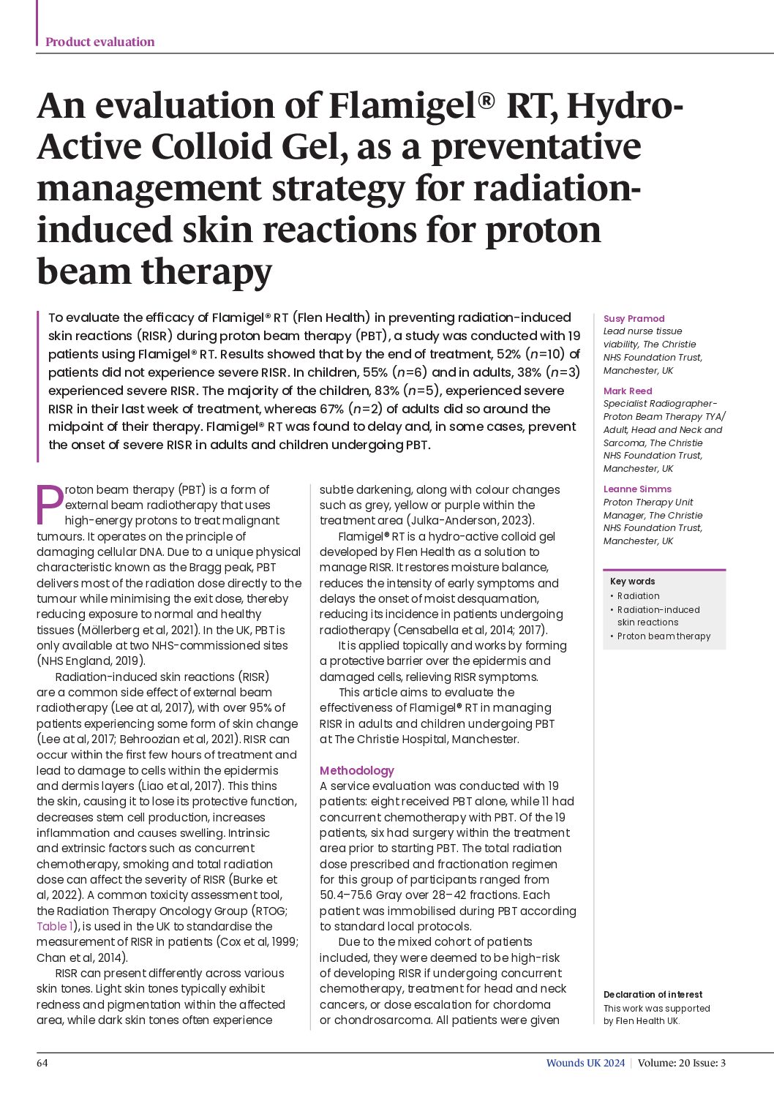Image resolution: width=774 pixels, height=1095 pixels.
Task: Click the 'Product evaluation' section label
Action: (x=99, y=42)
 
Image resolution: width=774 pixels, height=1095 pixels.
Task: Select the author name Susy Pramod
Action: (x=634, y=318)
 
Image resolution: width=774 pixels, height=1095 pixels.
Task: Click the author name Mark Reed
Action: (x=628, y=391)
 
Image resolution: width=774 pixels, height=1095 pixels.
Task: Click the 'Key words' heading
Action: (x=632, y=582)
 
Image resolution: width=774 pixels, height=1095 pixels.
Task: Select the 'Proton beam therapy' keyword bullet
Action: (x=664, y=636)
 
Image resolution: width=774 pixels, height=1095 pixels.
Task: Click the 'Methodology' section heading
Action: (x=356, y=770)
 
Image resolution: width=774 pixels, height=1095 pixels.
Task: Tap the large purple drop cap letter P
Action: (x=50, y=504)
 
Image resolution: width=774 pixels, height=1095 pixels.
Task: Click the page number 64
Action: (x=42, y=1063)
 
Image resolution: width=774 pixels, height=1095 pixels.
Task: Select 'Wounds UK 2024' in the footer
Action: (x=585, y=1063)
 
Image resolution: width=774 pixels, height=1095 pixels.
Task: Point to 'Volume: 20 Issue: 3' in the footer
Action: (x=681, y=1063)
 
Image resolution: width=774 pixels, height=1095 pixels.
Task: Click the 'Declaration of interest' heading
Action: (x=653, y=994)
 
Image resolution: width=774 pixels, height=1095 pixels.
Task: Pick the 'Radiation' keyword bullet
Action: (x=638, y=595)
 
